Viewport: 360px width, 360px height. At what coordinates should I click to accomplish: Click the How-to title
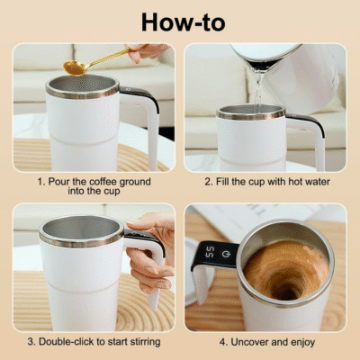click(183, 22)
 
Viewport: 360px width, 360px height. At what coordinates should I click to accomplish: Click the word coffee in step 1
click(103, 182)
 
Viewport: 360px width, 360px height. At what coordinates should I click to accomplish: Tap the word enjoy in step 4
click(303, 343)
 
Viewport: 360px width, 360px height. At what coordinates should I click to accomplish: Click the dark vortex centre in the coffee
click(286, 290)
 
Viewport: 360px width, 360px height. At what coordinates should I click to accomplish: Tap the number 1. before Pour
click(41, 182)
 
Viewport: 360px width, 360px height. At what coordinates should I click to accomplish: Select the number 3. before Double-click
click(31, 342)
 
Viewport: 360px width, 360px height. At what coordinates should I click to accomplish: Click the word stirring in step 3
click(146, 342)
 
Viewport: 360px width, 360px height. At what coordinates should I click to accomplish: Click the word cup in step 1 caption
click(112, 192)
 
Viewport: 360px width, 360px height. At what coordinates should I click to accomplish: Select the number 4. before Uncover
click(224, 342)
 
